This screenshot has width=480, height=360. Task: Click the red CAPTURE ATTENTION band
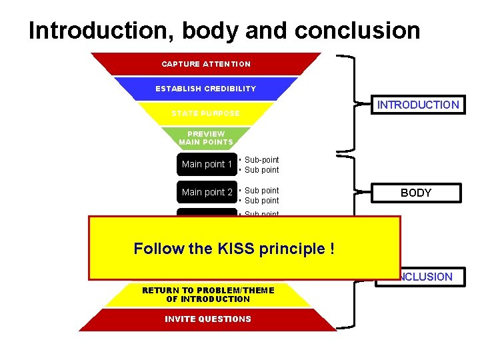point(206,64)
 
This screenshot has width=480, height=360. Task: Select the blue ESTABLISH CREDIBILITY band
point(205,89)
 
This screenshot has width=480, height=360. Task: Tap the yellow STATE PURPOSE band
point(205,113)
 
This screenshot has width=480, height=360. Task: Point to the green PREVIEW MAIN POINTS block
point(206,138)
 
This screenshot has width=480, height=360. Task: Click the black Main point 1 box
point(207,165)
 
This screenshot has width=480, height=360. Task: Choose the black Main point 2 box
point(207,192)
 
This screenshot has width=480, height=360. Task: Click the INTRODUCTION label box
point(418,105)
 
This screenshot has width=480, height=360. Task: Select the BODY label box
point(416,193)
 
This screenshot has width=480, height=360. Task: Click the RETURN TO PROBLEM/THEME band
point(208,295)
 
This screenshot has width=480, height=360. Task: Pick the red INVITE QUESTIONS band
point(208,319)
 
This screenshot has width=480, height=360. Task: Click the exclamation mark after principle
point(331,249)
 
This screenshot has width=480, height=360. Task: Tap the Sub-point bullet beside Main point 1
point(261,160)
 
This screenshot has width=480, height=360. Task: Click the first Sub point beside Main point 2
point(261,191)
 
